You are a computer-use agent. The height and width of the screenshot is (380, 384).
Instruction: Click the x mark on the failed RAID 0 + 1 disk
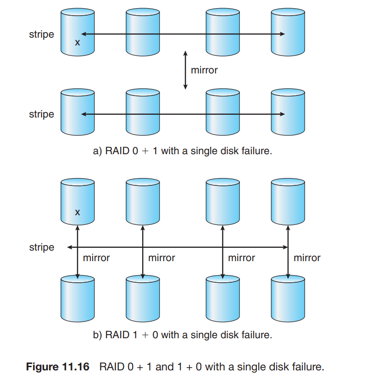click(x=77, y=43)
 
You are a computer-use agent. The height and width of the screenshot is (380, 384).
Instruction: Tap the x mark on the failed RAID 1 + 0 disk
click(x=77, y=212)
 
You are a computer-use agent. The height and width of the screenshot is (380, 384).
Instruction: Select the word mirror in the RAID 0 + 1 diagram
click(x=204, y=70)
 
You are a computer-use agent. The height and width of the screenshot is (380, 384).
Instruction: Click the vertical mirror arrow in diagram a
click(x=185, y=70)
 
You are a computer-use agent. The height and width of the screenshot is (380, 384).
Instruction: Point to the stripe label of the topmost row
click(x=41, y=34)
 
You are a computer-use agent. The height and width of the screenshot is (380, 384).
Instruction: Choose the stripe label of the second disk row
click(x=41, y=114)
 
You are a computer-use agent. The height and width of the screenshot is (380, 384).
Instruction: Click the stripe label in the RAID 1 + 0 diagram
click(x=41, y=247)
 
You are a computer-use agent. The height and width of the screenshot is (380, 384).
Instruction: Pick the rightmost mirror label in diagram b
click(x=307, y=258)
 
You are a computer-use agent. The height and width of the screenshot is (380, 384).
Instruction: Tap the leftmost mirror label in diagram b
click(x=96, y=258)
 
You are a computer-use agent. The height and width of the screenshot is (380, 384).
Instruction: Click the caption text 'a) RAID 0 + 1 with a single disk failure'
click(x=183, y=151)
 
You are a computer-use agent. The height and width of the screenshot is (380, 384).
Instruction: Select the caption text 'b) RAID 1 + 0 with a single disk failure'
click(x=183, y=335)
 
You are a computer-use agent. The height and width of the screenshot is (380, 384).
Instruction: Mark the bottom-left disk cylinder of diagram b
click(x=77, y=298)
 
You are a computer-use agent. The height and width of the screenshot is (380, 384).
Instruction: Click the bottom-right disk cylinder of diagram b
click(x=288, y=298)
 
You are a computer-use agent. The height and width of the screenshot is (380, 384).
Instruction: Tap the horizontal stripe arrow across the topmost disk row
click(x=184, y=34)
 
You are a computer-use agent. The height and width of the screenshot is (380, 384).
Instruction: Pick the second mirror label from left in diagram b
click(x=161, y=258)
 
